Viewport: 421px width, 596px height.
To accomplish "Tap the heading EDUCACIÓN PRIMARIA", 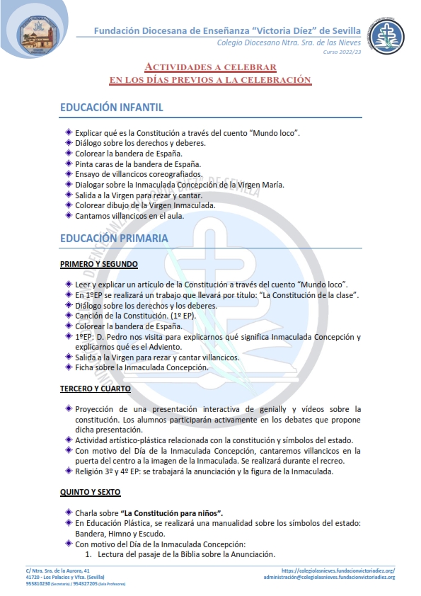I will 114,238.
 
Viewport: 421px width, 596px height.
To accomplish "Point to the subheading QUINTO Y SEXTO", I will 91,492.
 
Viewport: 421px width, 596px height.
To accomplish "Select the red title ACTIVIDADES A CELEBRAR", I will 210,67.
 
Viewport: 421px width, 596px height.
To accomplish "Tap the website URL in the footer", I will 338,570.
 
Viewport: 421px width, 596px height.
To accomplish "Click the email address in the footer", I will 329,577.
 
